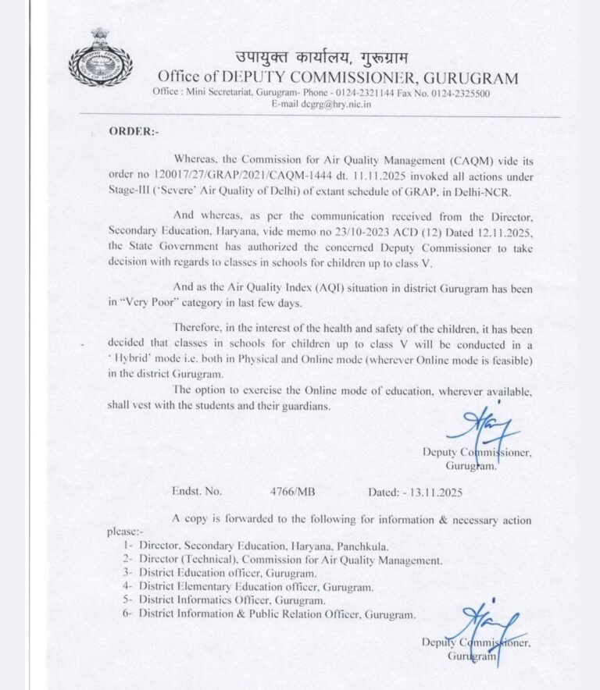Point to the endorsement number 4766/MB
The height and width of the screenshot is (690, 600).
tap(292, 492)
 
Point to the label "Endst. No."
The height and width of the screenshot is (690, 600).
tap(197, 492)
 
